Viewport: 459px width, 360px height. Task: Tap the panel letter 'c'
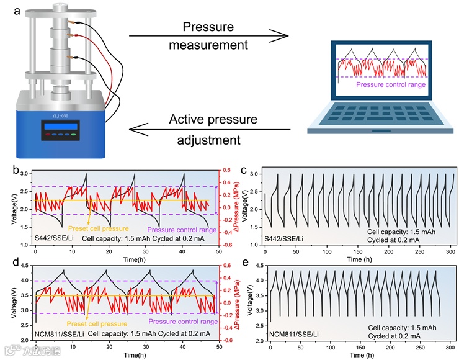tap(245, 170)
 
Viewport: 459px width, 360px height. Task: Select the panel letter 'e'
tap(244, 263)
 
